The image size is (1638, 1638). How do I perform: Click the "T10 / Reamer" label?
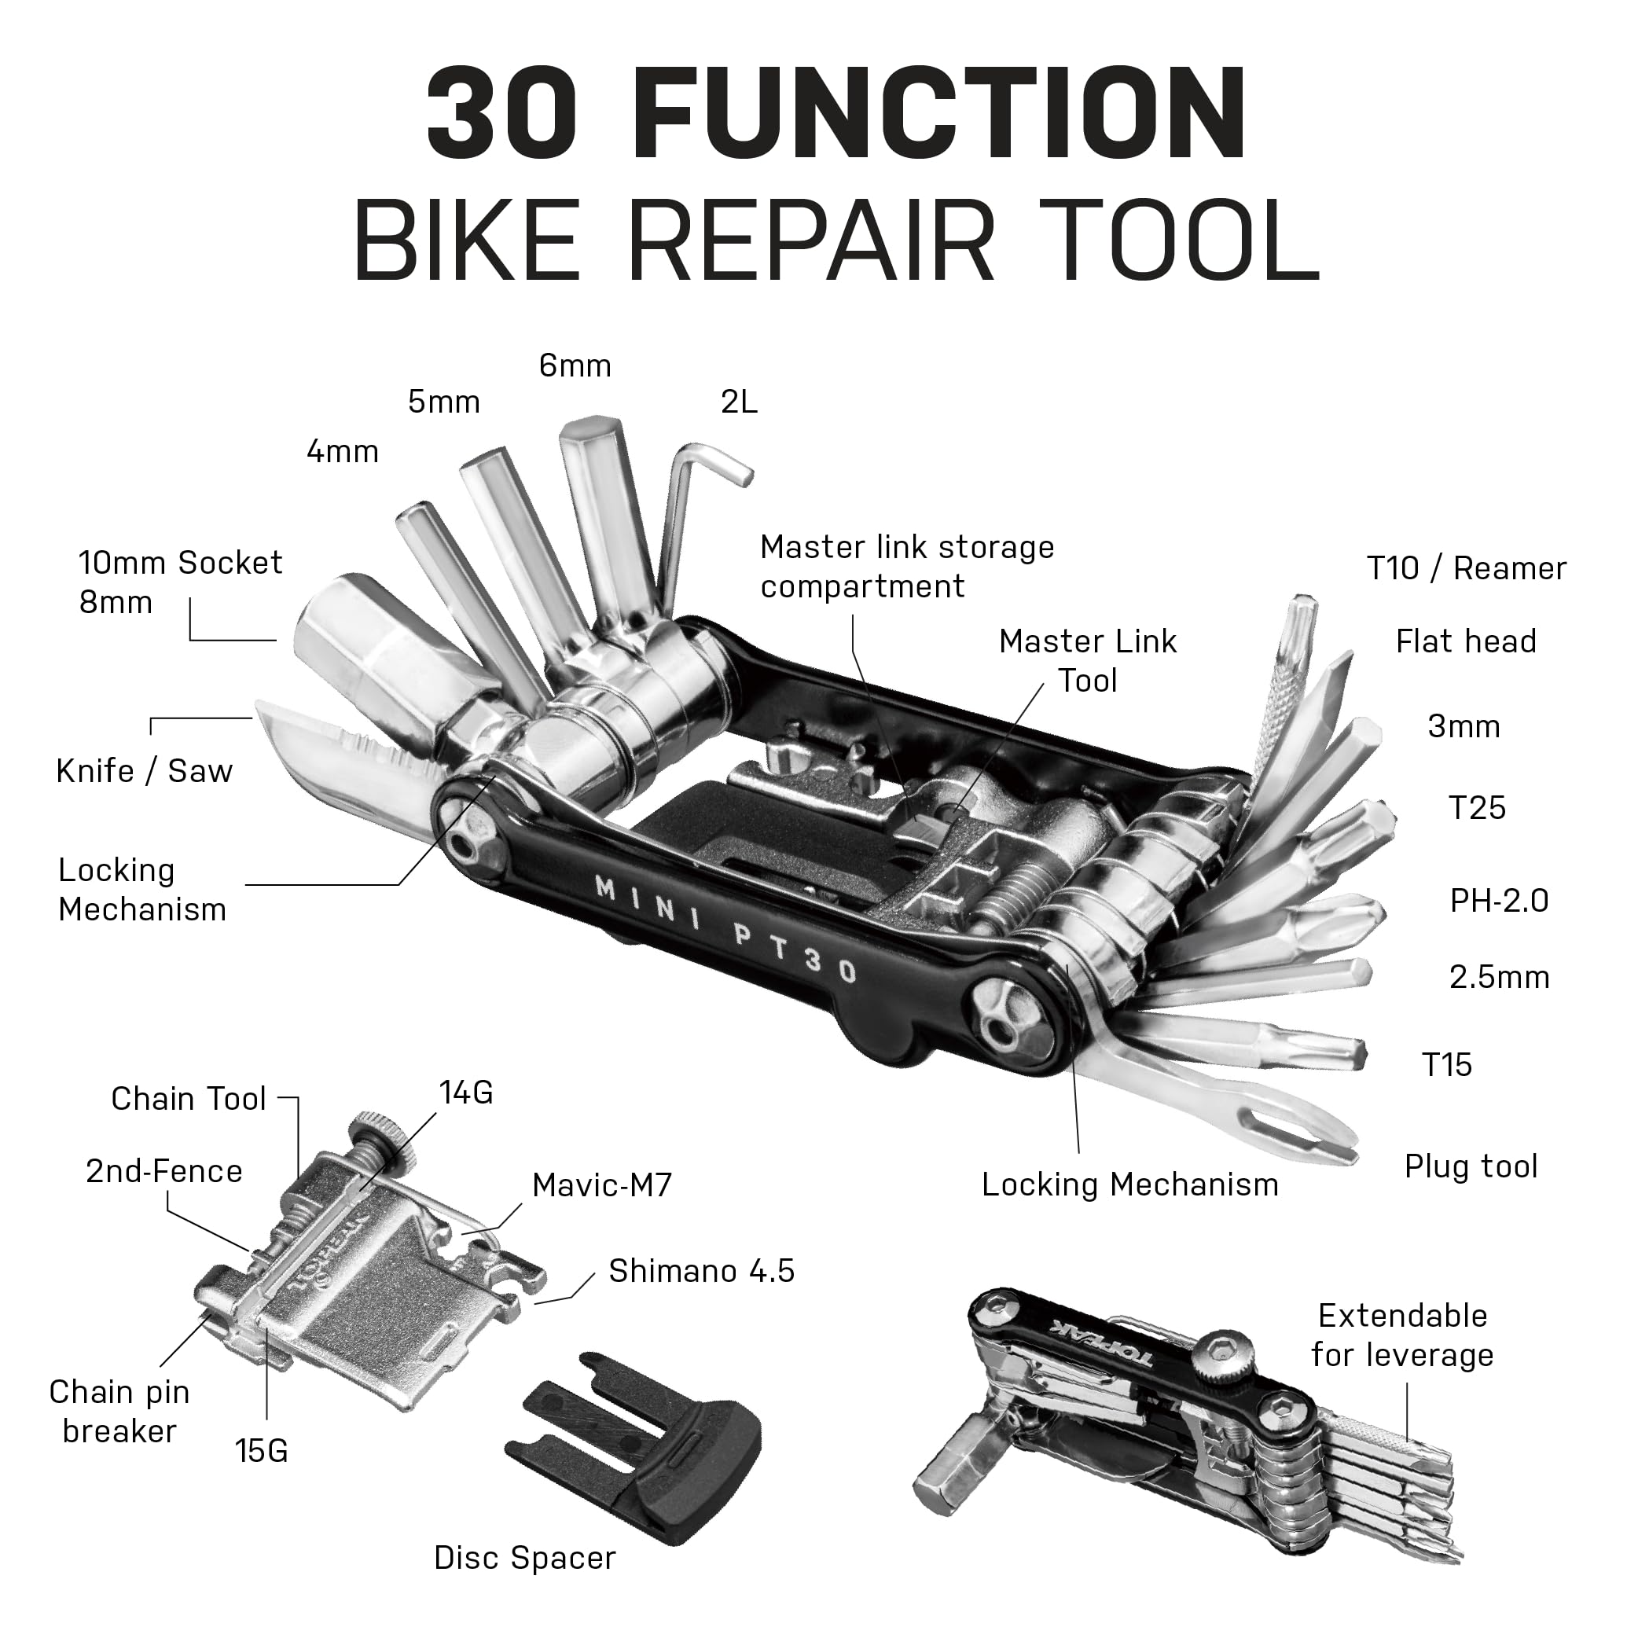[1466, 569]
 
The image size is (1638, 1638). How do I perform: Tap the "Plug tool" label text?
[1470, 1166]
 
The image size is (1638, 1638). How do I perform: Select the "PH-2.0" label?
[1499, 901]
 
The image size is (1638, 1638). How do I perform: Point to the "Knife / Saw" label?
[144, 772]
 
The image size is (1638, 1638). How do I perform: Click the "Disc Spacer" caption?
[525, 1559]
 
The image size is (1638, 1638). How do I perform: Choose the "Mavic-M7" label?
[601, 1185]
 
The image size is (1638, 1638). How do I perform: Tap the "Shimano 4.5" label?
[701, 1271]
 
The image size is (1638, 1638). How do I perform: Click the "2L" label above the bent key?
[739, 402]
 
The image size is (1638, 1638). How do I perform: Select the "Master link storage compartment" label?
[906, 567]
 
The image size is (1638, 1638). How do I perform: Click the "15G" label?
[261, 1451]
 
